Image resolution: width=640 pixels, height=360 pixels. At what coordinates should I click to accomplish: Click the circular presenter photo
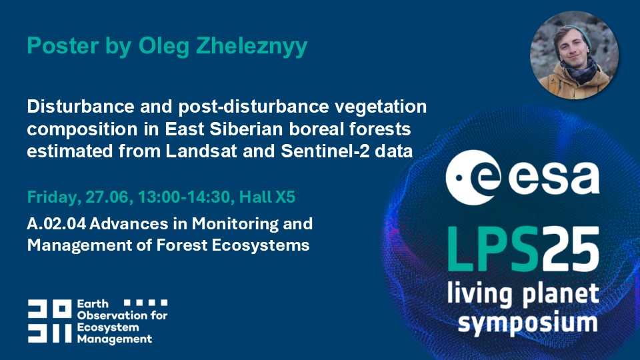pyautogui.click(x=574, y=55)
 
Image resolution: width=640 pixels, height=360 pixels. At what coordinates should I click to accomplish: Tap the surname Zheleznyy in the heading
pyautogui.click(x=251, y=47)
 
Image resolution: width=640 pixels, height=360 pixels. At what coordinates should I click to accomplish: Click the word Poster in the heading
pyautogui.click(x=63, y=45)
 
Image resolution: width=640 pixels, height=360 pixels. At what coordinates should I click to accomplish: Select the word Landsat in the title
pyautogui.click(x=201, y=151)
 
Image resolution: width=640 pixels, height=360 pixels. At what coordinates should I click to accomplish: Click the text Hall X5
pyautogui.click(x=267, y=197)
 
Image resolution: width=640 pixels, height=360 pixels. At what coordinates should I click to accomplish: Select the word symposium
pyautogui.click(x=527, y=323)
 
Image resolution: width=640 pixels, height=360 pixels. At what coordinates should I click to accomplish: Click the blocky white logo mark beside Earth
pyautogui.click(x=50, y=321)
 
